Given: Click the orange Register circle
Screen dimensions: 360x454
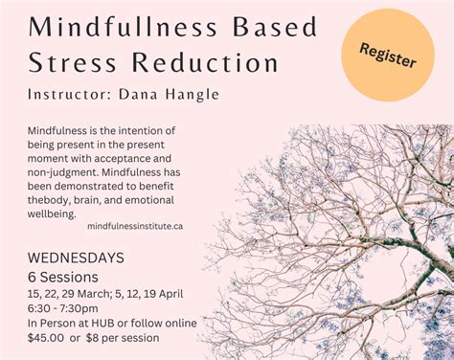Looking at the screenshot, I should point(388,56).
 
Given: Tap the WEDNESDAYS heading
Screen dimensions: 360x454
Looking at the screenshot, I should point(77,259).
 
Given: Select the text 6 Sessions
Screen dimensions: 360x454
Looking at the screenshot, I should point(63,278).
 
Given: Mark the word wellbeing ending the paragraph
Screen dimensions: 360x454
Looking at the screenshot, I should point(56,214).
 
